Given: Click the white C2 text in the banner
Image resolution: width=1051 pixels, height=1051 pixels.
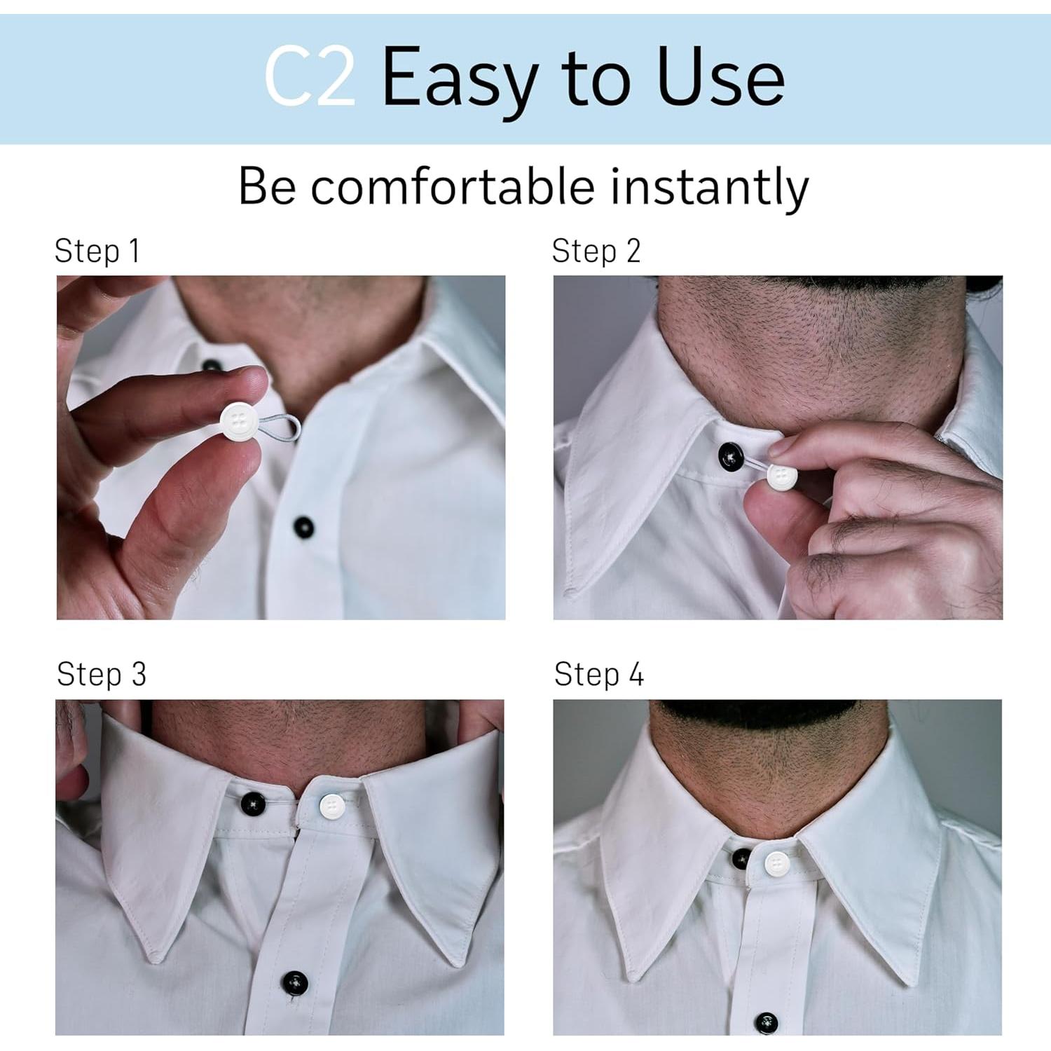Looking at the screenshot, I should (309, 77).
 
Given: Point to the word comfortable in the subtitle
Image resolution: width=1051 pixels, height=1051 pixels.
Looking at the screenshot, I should (453, 187).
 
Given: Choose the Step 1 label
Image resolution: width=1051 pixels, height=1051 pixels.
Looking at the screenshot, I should (97, 251).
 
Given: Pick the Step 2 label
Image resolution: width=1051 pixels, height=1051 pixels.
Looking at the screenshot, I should (596, 251).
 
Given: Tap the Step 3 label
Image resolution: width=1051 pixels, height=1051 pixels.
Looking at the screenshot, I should (102, 674).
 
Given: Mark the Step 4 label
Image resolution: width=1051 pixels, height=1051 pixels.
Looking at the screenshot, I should (598, 674).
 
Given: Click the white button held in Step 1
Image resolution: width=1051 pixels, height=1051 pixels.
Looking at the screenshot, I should (237, 420).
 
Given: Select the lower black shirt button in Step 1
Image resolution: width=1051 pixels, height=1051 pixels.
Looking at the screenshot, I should (303, 526).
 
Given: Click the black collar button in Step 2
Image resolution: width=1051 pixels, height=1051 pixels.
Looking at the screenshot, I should (731, 456).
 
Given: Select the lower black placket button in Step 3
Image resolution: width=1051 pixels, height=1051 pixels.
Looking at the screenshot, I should (294, 982).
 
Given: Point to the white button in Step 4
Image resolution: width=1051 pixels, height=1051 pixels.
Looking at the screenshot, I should (775, 863).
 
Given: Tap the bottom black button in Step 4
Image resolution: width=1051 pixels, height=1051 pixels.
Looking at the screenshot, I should (767, 1023).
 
